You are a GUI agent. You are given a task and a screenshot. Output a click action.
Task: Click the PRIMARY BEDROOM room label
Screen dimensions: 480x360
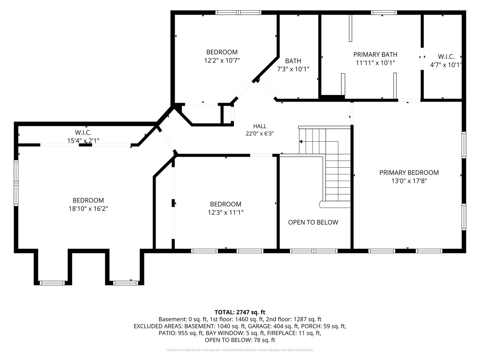coord(409,173)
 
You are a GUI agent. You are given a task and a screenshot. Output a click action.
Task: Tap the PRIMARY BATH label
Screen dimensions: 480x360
coord(375,54)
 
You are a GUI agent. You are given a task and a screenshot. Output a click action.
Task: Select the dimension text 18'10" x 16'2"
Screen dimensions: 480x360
coord(88,209)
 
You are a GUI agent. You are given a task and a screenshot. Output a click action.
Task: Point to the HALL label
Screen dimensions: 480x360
coord(260,126)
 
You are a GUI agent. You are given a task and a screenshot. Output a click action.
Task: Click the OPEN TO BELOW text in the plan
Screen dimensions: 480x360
coord(313,222)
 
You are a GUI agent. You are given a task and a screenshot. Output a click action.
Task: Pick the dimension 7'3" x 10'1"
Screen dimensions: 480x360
coord(293,69)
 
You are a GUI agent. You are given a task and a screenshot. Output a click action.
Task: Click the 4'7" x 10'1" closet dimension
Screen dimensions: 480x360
coord(446,65)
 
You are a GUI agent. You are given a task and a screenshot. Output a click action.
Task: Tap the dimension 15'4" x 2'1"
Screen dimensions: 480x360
coord(83,141)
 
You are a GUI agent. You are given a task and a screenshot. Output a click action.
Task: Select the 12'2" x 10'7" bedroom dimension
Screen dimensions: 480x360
coord(222,60)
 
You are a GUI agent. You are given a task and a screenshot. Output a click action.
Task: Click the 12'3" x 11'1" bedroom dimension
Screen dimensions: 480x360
coord(225,212)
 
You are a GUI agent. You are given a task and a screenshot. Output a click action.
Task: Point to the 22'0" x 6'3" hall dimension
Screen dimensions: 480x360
coord(260,134)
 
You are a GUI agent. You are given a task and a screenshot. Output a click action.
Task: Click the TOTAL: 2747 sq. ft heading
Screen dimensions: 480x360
coord(240,312)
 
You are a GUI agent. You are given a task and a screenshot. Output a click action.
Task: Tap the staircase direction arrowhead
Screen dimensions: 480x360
coord(301,142)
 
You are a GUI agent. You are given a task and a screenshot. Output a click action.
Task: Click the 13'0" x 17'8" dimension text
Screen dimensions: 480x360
coord(409,181)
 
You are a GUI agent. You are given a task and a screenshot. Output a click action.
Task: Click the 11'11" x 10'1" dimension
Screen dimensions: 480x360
coord(375,63)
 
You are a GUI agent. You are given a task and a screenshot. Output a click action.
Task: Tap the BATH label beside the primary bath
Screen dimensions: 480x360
coord(293,61)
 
